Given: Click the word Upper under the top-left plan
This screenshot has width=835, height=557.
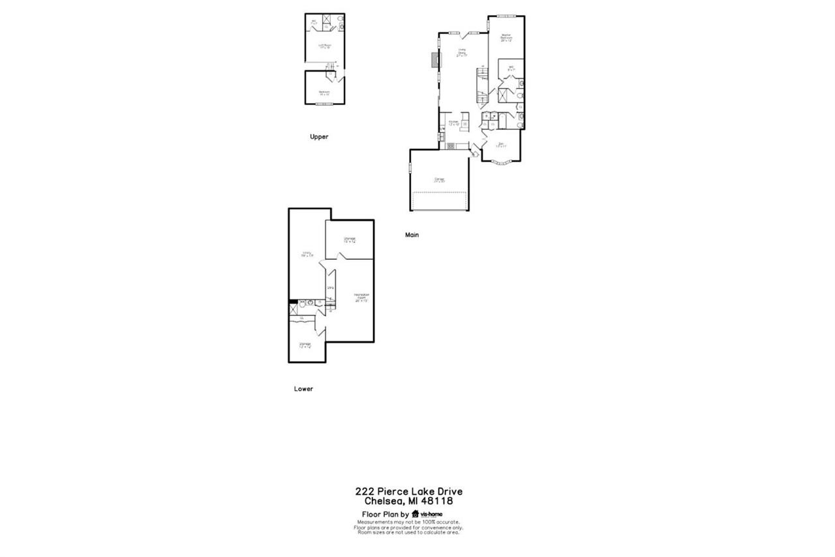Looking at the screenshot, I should click(x=319, y=137).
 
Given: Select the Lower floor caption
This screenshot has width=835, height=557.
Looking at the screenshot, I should click(x=303, y=389).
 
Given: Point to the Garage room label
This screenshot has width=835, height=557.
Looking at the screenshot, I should click(x=440, y=180).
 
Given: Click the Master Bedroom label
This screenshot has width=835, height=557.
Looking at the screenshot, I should click(x=506, y=37).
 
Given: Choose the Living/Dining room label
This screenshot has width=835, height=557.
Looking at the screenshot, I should click(x=462, y=52).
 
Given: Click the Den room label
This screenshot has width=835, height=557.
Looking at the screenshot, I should click(x=501, y=145).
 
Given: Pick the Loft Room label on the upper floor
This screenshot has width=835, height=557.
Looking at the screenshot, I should click(x=325, y=46).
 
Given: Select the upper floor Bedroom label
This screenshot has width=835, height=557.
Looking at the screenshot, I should click(x=324, y=92).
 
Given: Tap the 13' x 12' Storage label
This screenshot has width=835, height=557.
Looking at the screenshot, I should click(x=350, y=240).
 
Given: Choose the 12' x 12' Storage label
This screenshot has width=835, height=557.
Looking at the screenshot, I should click(x=305, y=345).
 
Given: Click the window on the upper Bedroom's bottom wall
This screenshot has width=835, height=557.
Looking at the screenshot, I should click(x=325, y=103).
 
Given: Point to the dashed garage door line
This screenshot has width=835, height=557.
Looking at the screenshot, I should click(x=440, y=193).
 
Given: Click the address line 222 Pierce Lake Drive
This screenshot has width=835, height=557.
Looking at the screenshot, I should click(x=409, y=492).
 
